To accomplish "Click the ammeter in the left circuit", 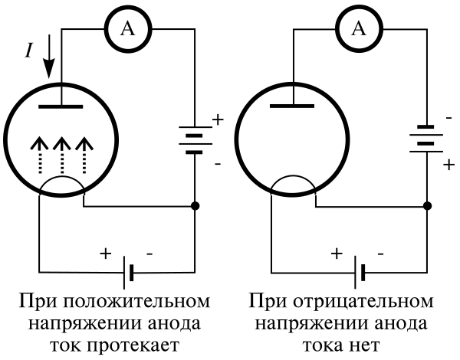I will tap(128, 29).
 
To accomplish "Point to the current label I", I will tap(28, 51).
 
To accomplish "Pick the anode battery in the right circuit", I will tap(426, 139).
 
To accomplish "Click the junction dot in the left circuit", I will tap(195, 206).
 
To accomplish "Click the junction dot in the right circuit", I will tap(426, 206).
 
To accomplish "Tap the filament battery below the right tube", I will tap(360, 271).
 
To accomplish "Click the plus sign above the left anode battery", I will tap(217, 119).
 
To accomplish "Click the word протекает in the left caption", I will tap(143, 344).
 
